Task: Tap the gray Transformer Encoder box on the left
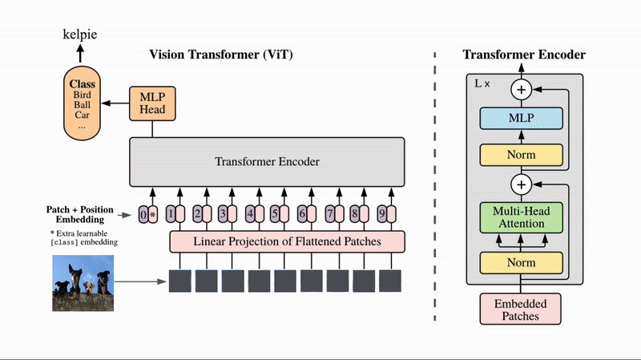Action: [267, 162]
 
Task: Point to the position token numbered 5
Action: [274, 215]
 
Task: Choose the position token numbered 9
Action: [382, 215]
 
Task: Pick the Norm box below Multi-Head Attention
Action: [521, 262]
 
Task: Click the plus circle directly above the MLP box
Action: [522, 90]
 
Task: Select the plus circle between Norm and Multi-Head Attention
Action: [522, 185]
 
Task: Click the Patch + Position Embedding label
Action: [79, 214]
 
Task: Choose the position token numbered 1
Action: [171, 215]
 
